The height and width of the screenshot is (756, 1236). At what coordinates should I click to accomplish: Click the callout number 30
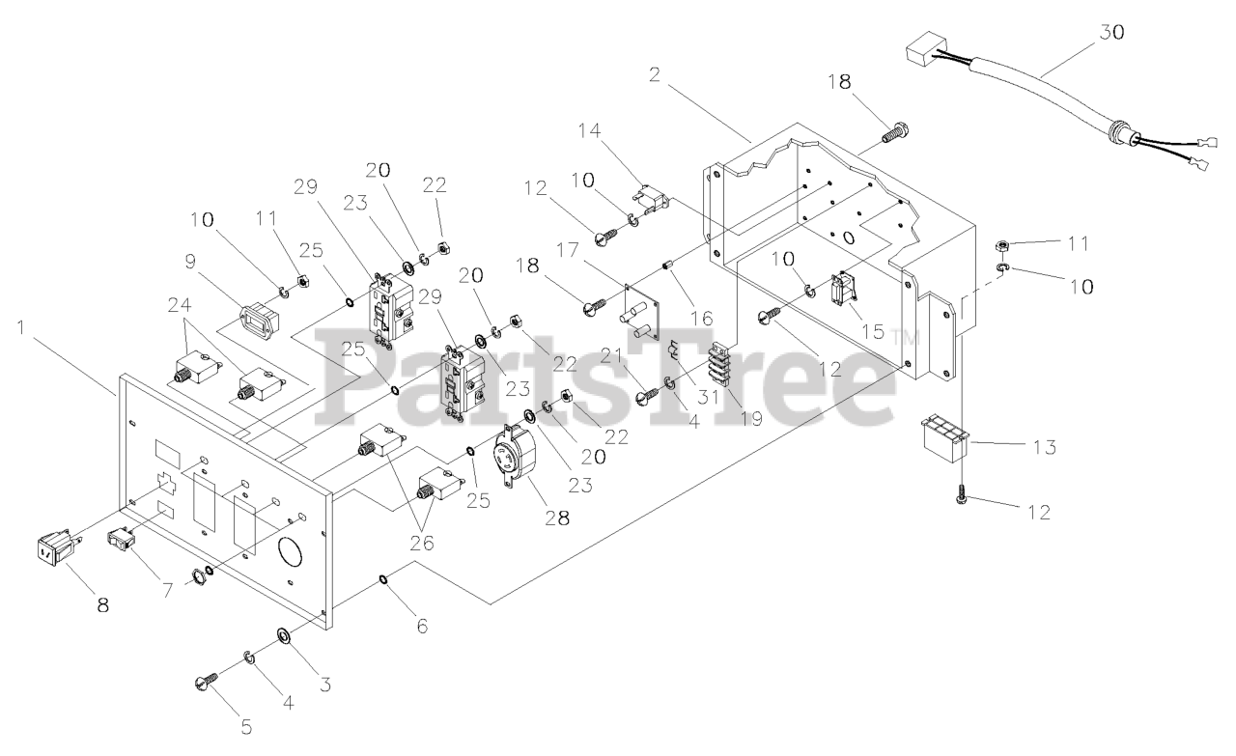tap(1111, 32)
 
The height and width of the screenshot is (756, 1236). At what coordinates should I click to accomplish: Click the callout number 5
tap(245, 727)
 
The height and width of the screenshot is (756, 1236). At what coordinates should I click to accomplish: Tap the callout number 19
tap(748, 417)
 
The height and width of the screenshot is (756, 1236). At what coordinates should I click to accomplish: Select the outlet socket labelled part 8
tap(54, 553)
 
